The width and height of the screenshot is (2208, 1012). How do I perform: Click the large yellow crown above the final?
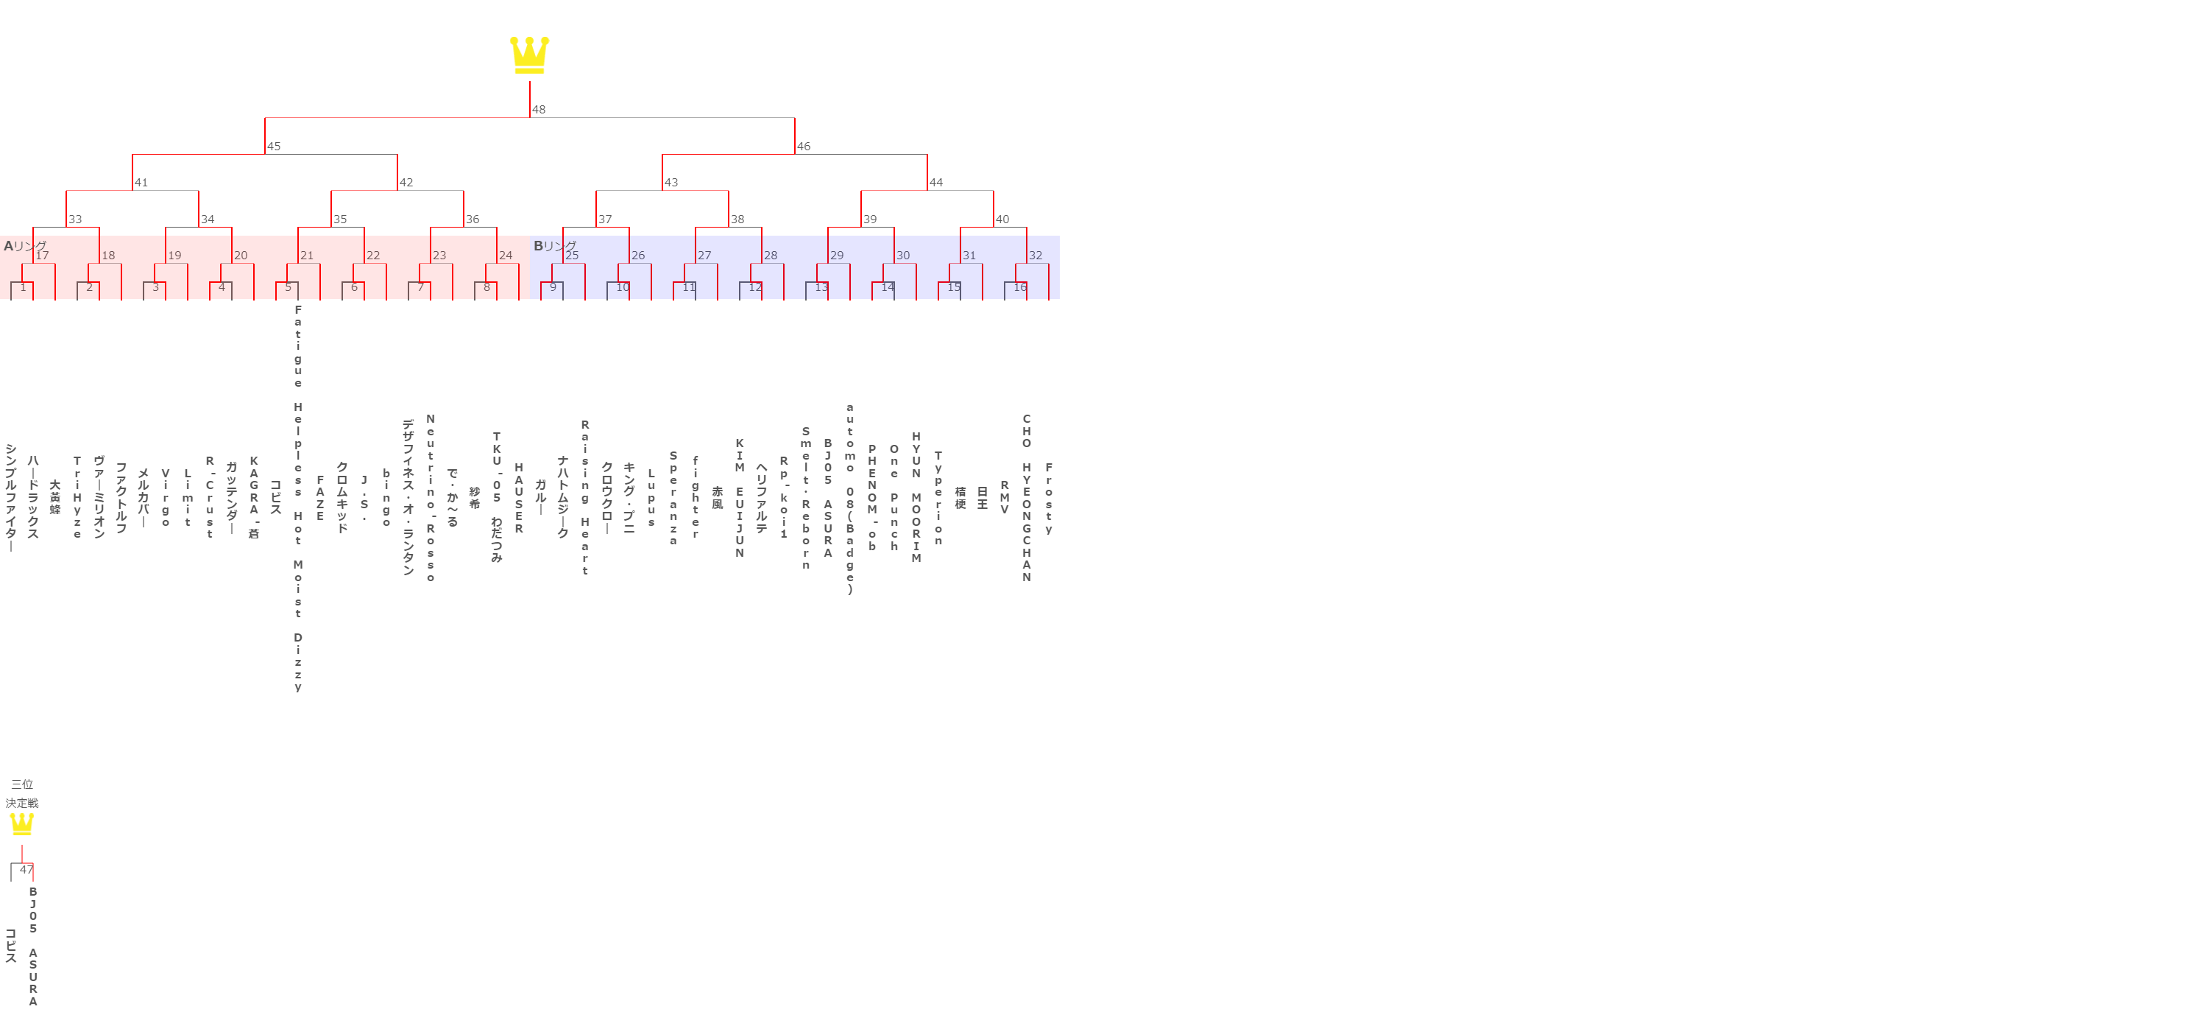529,55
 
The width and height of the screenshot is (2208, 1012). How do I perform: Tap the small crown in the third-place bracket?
21,824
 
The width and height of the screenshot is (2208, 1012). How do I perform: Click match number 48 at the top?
538,110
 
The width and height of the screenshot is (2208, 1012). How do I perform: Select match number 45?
274,147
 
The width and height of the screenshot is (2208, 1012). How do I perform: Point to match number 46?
803,147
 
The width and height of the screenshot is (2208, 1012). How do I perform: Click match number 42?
406,183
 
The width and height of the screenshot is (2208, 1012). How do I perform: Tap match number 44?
936,183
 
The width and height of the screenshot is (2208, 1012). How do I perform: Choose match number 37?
605,219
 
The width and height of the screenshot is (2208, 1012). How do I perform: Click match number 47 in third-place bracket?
26,870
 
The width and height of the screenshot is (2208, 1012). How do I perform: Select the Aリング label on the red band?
25,246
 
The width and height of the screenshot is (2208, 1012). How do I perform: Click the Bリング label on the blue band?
554,246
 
